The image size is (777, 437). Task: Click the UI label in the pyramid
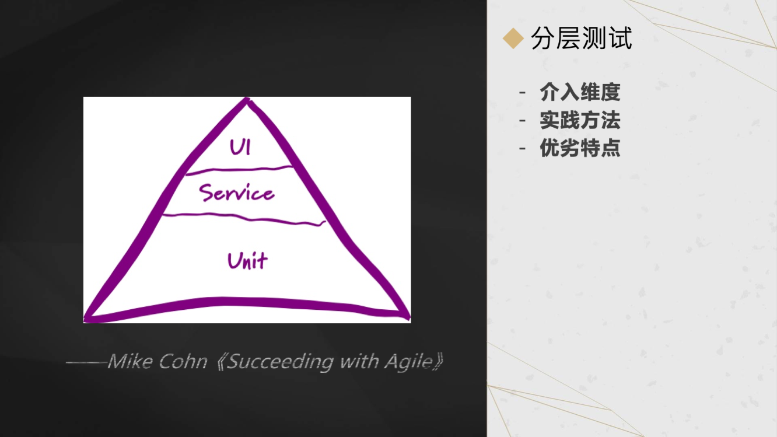(240, 147)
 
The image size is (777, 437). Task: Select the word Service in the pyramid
(236, 193)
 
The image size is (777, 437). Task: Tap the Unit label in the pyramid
(247, 260)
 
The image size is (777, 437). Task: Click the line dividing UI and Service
(239, 170)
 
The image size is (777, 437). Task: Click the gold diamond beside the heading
(513, 40)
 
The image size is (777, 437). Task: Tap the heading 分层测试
(582, 39)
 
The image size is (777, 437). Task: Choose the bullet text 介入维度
(580, 92)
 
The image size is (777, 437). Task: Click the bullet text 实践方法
(580, 120)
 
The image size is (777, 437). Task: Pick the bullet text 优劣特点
(580, 148)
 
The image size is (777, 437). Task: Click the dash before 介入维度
(523, 92)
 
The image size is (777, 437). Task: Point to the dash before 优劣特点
(523, 148)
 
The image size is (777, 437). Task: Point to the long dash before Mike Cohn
(86, 362)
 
